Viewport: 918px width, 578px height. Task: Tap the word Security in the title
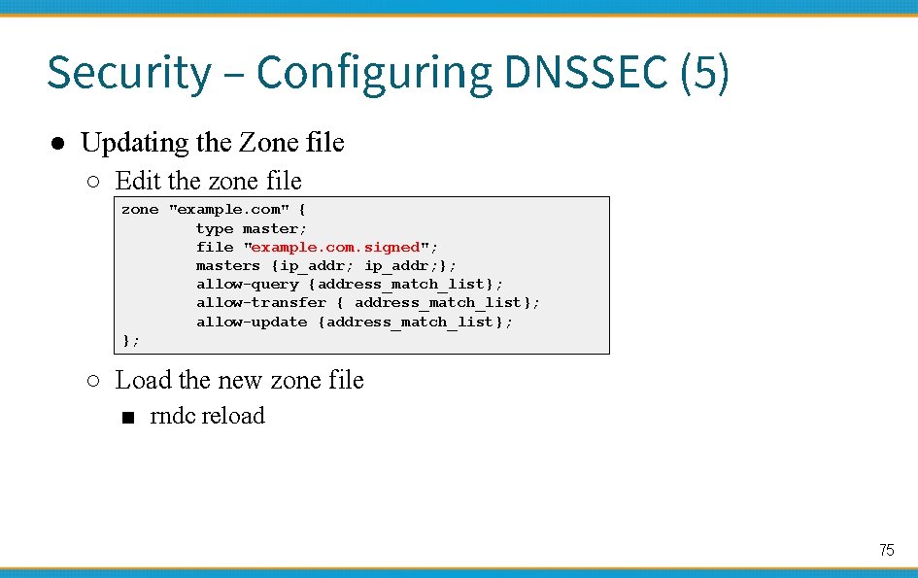[128, 73]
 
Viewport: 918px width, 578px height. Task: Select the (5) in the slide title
[704, 73]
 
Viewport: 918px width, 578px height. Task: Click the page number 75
[886, 550]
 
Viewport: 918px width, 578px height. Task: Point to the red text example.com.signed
[335, 247]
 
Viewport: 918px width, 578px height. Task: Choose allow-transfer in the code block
[261, 302]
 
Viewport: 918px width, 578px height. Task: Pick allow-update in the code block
[252, 322]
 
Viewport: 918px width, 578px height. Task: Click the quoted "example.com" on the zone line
[228, 210]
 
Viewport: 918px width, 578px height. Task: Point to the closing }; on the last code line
[131, 340]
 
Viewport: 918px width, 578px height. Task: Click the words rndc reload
[208, 416]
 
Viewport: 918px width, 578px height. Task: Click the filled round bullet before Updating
[58, 144]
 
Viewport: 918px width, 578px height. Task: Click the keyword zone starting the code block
[140, 210]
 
